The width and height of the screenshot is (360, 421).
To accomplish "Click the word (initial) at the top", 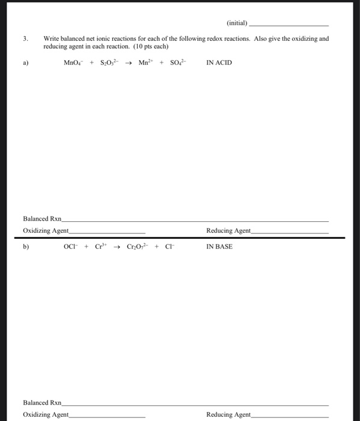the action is pos(237,23).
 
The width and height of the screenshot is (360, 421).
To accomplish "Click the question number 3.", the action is pos(25,38).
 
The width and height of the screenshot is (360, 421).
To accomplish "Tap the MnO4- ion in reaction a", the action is pos(75,63).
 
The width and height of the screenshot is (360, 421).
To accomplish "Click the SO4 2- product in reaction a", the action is pos(177,63).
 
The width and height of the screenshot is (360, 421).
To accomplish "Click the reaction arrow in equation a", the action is pos(129,63).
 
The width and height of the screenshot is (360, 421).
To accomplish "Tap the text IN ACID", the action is pos(219,63).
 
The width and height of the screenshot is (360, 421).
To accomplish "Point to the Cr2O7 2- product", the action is pos(137,247).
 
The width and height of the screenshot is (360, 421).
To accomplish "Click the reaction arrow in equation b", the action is pos(117,247).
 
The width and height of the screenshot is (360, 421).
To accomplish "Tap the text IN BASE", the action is pos(219,247).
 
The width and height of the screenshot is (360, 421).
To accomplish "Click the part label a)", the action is pos(25,63).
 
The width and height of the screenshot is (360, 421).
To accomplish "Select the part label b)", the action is pos(25,247).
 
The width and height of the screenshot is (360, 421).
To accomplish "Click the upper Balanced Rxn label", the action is pos(42,219).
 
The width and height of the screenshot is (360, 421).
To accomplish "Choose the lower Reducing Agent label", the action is pos(228,414).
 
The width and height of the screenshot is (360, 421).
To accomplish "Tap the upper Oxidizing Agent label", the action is pos(46,230).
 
